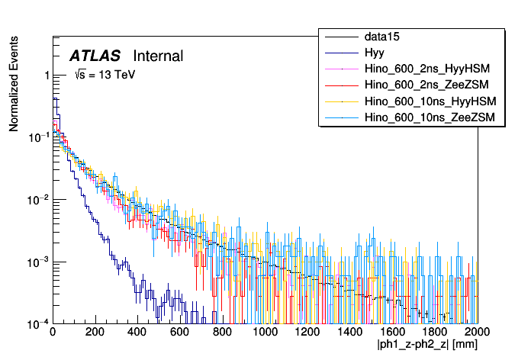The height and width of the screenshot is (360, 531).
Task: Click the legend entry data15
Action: coord(383,37)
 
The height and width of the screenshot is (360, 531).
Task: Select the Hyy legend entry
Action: coord(374,53)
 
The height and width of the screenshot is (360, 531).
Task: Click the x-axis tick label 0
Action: coord(52,333)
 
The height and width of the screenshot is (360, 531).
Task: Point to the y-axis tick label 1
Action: coord(47,76)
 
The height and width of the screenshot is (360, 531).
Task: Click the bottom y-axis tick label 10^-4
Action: coord(39,323)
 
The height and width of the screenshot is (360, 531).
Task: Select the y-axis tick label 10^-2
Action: coord(39,200)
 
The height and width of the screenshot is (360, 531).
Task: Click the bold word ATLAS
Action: coord(95,56)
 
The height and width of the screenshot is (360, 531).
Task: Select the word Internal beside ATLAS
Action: coord(158,56)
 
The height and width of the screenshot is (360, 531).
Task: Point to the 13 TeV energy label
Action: coord(105,75)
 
